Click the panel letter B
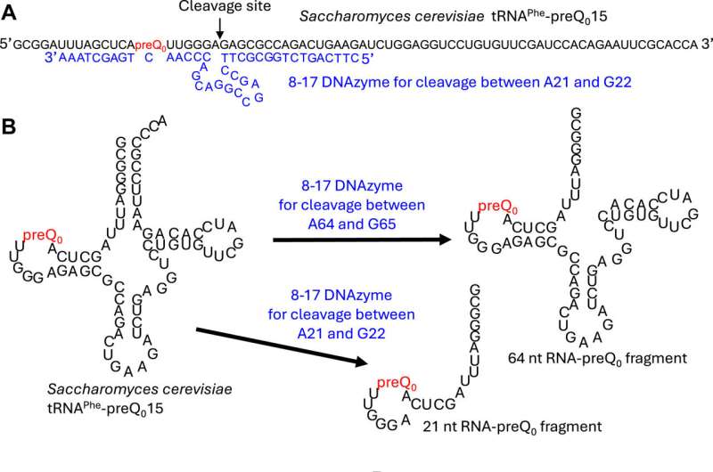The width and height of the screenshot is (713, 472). (x=11, y=126)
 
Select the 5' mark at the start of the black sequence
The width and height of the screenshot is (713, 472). (x=7, y=41)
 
